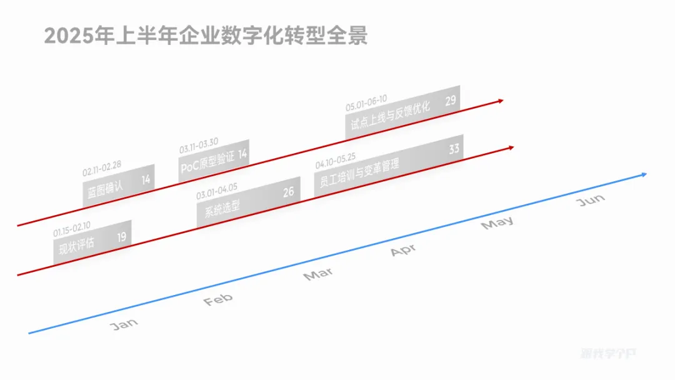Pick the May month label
pyautogui.click(x=497, y=222)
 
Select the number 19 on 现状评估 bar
pyautogui.click(x=121, y=237)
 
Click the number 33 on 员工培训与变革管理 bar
pyautogui.click(x=454, y=149)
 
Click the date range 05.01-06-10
pyautogui.click(x=366, y=101)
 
